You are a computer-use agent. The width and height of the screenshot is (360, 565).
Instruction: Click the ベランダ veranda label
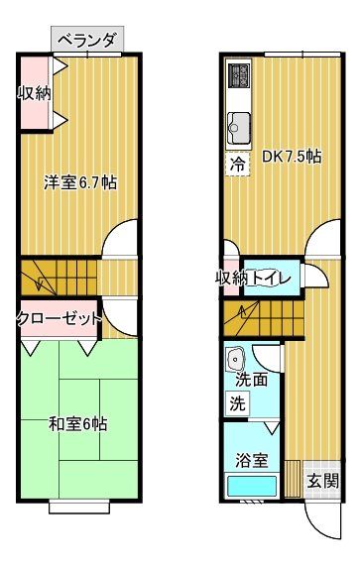86,41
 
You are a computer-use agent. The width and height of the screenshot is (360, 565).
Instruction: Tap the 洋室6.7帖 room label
79,183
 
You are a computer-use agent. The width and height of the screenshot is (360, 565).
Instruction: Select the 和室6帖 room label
78,423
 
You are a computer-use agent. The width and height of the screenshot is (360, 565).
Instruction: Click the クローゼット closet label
59,318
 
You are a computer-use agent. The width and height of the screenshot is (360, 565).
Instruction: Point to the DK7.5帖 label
291,156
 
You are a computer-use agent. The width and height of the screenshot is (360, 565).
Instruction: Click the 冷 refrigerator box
238,163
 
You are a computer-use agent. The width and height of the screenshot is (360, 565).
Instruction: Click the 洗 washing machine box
238,403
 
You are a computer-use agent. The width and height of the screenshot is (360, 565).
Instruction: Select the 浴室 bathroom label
251,460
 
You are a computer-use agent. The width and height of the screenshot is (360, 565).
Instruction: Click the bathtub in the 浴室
252,488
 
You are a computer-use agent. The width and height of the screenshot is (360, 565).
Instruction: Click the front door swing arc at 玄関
319,520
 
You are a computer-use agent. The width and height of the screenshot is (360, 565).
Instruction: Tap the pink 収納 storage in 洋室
35,94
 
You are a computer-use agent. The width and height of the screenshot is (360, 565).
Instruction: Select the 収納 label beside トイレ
231,278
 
